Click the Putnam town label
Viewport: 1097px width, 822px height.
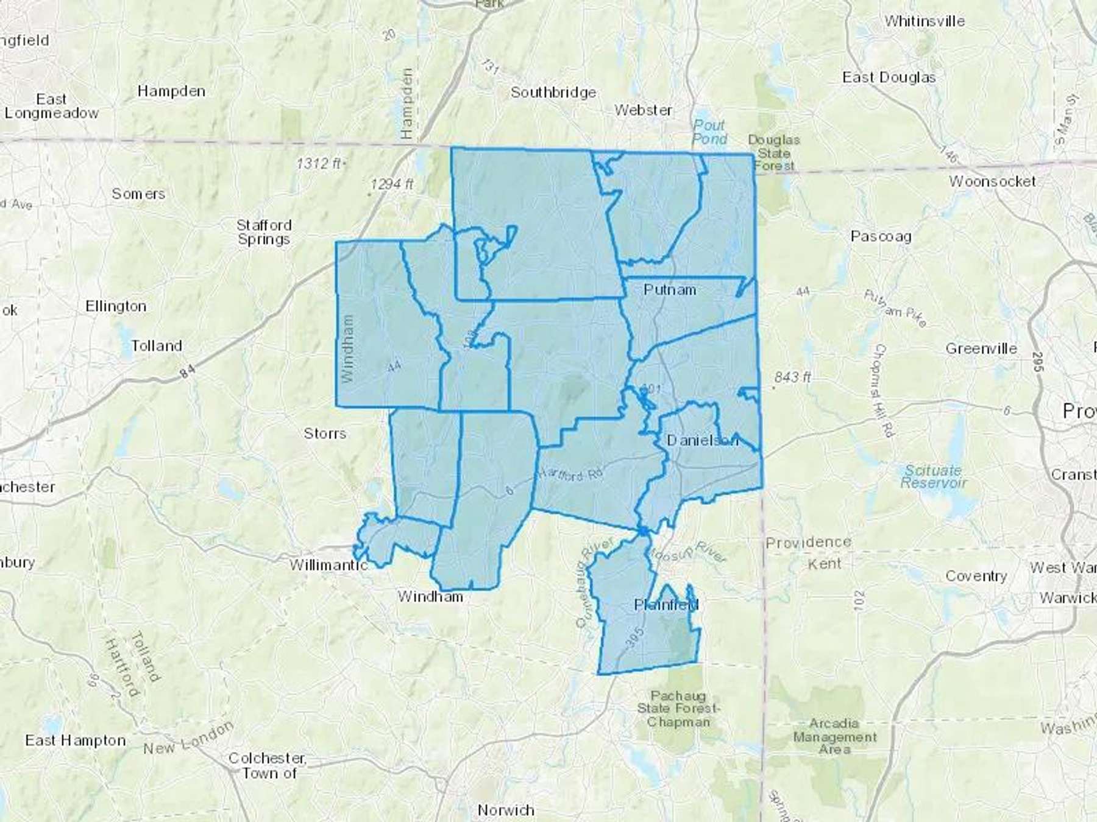pos(670,290)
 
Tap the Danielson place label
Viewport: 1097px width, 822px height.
pos(702,440)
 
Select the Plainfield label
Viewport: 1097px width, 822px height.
pos(666,605)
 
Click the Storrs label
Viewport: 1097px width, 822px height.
pos(325,434)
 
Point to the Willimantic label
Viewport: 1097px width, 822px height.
pos(328,565)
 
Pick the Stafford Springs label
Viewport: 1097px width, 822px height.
pos(264,232)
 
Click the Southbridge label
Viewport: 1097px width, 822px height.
pos(553,93)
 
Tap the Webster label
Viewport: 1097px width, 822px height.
pos(644,110)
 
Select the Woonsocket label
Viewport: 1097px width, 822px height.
pos(992,181)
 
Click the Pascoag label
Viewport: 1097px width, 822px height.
pos(881,236)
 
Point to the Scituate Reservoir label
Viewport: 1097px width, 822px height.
pos(933,476)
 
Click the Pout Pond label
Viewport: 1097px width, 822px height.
pos(709,132)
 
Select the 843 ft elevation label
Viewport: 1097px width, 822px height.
pos(792,378)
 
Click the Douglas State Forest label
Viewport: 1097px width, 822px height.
pos(774,153)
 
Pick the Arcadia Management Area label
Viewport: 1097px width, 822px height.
pos(834,736)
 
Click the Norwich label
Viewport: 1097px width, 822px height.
pos(506,810)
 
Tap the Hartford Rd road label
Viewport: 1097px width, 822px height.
pos(570,475)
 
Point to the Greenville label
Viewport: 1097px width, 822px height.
pos(981,349)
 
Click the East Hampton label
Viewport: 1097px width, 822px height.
pos(76,740)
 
